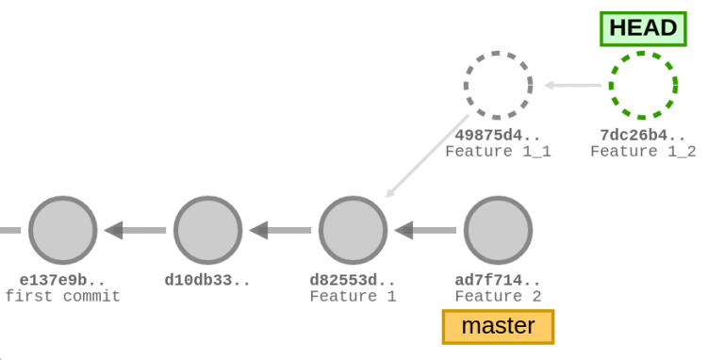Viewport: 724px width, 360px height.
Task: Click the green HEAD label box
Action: point(643,28)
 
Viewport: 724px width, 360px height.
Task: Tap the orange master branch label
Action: point(498,327)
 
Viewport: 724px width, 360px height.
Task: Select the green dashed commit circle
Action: point(643,86)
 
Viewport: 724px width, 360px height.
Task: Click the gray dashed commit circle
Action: point(498,86)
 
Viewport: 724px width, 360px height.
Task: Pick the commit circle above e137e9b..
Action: point(63,230)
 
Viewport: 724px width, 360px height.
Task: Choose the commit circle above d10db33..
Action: point(208,230)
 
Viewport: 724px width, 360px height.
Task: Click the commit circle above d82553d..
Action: point(353,230)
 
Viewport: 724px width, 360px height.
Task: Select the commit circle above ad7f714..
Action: point(498,230)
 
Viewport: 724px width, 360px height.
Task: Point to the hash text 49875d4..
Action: point(498,135)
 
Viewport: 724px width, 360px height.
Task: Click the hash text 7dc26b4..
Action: point(643,135)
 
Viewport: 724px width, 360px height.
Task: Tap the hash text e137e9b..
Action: point(63,280)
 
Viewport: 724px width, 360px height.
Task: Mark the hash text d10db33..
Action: point(208,280)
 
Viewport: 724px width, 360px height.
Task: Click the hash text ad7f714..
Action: point(498,280)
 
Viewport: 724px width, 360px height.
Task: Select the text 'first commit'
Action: point(63,297)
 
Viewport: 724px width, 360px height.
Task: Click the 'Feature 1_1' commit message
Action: point(498,152)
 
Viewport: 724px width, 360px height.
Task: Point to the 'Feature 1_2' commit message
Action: point(643,152)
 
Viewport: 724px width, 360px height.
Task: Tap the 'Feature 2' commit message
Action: point(498,297)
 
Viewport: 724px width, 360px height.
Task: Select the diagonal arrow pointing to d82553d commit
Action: point(427,156)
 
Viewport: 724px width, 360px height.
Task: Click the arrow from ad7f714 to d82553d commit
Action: point(426,230)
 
